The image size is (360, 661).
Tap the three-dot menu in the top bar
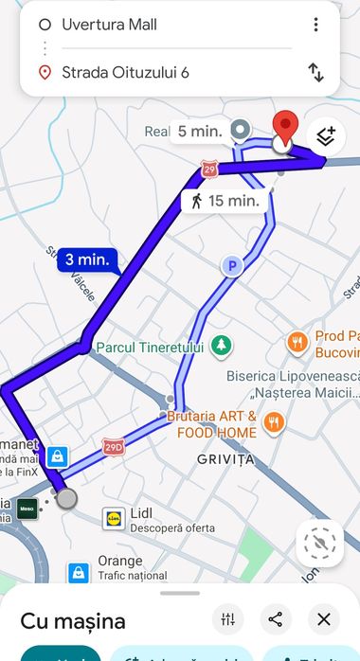point(315,25)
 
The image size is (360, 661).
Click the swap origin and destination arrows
point(315,72)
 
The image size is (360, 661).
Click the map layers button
point(325,135)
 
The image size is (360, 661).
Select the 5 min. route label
point(199,132)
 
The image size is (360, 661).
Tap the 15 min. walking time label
point(225,201)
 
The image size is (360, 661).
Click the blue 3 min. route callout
point(88,259)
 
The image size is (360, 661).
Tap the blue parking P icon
point(230,267)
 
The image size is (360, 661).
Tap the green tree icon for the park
point(221,346)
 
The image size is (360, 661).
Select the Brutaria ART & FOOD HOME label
point(213,424)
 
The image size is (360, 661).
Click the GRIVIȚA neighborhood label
point(225,460)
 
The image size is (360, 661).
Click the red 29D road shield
point(114,446)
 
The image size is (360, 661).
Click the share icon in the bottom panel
point(275,619)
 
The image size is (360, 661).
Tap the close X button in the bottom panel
point(323,619)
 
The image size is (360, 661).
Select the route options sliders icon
point(227,619)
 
